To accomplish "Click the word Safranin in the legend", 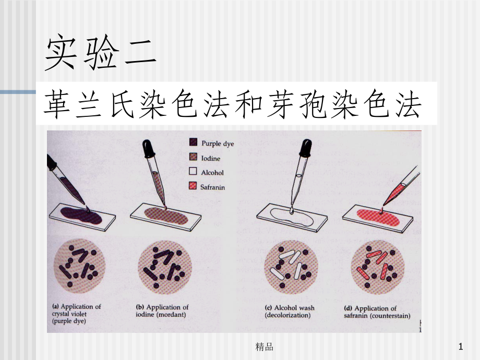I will [x=212, y=187].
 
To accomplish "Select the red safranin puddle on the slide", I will [x=378, y=217].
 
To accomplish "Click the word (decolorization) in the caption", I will [x=287, y=315].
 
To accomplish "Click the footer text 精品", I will [x=265, y=346].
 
